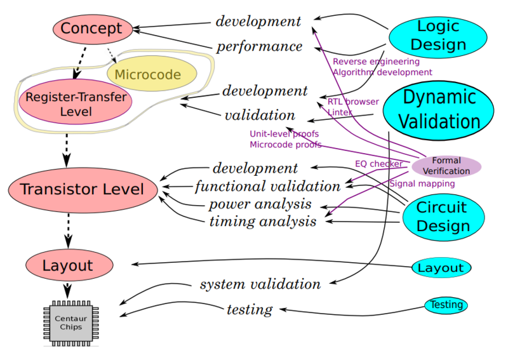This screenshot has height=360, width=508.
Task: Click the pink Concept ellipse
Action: [x=91, y=29]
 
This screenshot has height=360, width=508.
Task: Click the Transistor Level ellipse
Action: [x=82, y=189]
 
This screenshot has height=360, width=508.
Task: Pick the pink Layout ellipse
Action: [x=68, y=265]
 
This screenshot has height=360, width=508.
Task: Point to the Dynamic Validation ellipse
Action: [x=439, y=109]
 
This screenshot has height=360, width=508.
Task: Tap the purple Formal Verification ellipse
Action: [x=446, y=166]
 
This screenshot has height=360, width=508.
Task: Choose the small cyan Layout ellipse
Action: [x=441, y=268]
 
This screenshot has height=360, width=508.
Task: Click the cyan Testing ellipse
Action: [x=446, y=305]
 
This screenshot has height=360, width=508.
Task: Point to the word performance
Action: [x=259, y=46]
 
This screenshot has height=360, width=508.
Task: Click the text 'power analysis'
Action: [x=260, y=204]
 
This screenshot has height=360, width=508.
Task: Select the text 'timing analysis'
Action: [x=263, y=222]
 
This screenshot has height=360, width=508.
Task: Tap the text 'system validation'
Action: [x=260, y=284]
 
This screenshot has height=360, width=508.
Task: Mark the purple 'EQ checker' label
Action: [x=378, y=164]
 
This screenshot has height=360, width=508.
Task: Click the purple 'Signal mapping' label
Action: [x=422, y=183]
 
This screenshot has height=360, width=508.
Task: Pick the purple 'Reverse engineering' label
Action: [x=376, y=62]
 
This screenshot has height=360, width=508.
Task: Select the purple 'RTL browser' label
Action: [x=353, y=102]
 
